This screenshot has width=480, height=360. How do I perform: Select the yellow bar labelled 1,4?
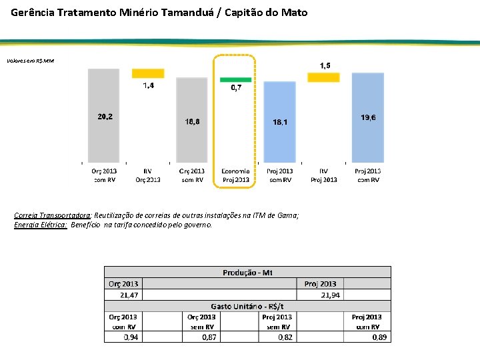148,73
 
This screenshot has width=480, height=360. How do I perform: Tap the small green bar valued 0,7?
236,79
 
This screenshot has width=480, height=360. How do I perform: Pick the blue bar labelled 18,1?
279,121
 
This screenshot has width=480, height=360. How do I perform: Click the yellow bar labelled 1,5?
323,77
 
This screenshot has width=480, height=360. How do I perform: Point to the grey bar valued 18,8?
192,120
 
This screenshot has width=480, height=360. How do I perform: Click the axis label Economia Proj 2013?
236,175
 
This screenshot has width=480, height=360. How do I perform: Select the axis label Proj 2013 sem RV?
279,175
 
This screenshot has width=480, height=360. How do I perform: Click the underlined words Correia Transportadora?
53,215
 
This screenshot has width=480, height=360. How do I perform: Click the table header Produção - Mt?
247,272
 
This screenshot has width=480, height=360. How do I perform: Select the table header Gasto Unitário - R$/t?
247,306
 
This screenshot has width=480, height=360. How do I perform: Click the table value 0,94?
131,337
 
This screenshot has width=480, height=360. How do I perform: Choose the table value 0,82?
285,337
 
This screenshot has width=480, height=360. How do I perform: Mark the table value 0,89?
378,337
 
